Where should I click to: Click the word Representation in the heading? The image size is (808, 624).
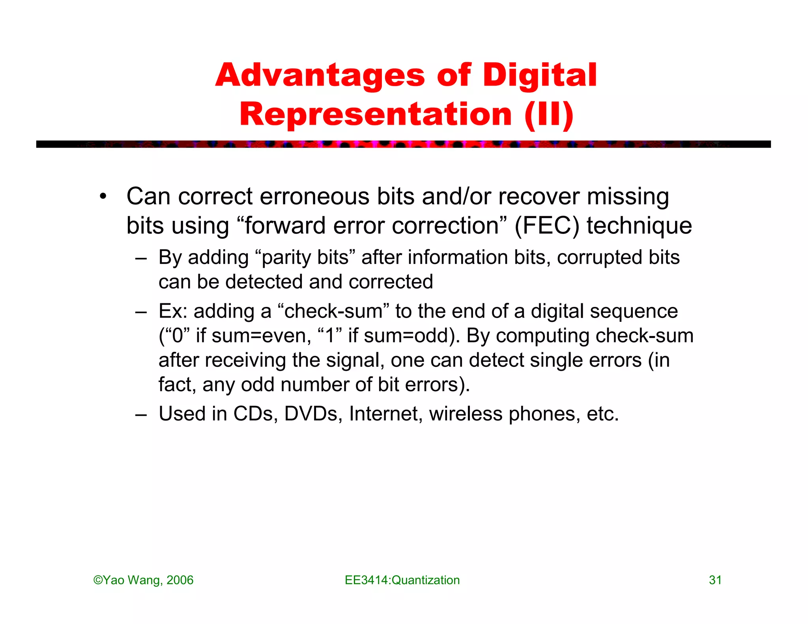coord(376,114)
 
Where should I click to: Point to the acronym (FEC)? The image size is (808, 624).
coord(547,226)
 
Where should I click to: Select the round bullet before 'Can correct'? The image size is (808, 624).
coord(103,196)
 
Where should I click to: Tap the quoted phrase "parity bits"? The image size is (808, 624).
coord(305,257)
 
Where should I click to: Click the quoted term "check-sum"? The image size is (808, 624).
coord(333,311)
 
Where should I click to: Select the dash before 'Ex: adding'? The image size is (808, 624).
coord(140,312)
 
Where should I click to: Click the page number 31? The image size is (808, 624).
coord(715,580)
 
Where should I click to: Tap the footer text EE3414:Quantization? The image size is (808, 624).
coord(402,580)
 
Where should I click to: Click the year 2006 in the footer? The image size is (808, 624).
coord(180,580)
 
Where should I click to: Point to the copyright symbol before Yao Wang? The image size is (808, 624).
coord(98,580)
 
